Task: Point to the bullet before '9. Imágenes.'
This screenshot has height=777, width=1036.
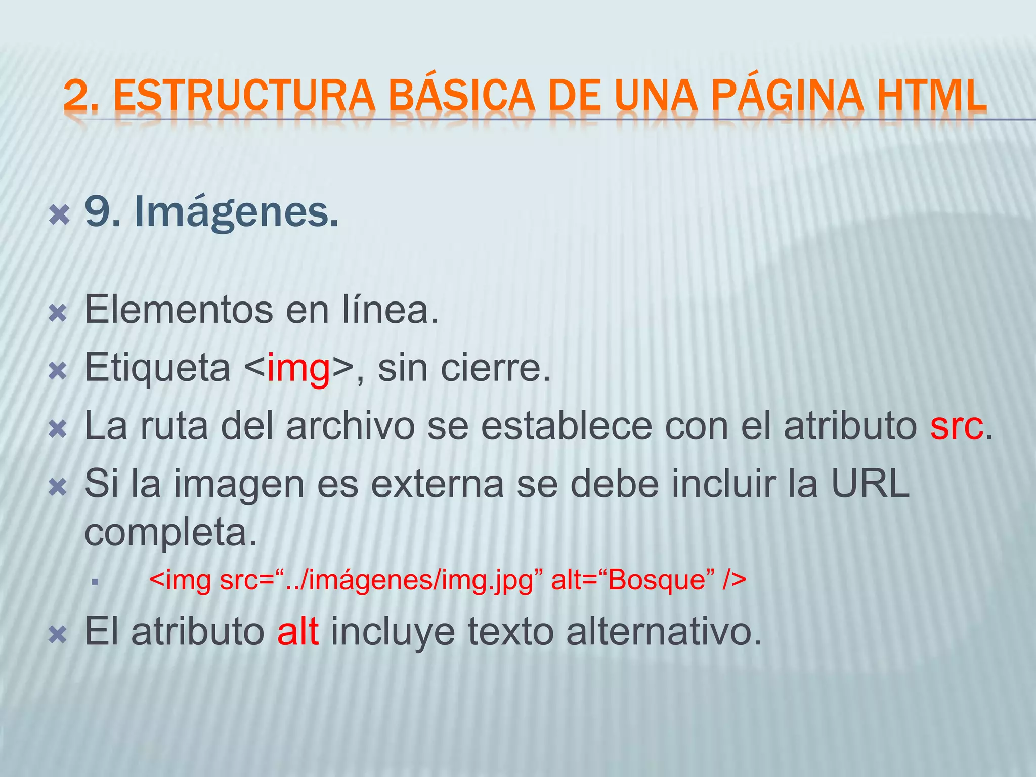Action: [x=58, y=215]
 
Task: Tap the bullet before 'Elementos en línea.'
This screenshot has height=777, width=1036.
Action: [x=58, y=314]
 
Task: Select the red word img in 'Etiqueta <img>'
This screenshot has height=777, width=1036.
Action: [x=298, y=368]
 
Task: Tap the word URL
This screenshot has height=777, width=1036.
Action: [x=870, y=484]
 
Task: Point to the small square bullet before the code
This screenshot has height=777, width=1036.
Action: [x=95, y=582]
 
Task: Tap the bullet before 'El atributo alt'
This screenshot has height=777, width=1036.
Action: [x=58, y=635]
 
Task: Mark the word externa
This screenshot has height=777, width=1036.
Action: [x=438, y=484]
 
